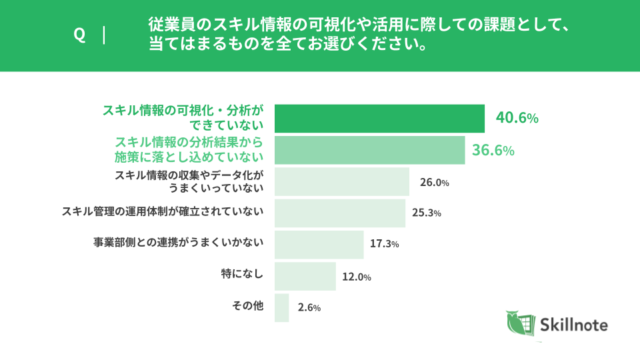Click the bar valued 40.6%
(379, 118)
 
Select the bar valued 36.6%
(369, 150)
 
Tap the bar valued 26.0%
(341, 181)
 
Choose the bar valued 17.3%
(319, 244)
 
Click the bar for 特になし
(305, 276)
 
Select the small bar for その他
(281, 307)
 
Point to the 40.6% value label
(517, 119)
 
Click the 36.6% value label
(493, 151)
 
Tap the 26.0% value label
(434, 182)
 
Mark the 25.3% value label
(427, 213)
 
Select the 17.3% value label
(385, 245)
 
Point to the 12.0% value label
(357, 277)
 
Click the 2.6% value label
(309, 308)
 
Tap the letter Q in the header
(79, 35)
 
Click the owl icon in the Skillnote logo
(520, 324)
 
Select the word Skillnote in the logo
(575, 325)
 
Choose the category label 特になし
(243, 273)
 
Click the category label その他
(248, 305)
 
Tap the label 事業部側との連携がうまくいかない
(179, 242)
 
